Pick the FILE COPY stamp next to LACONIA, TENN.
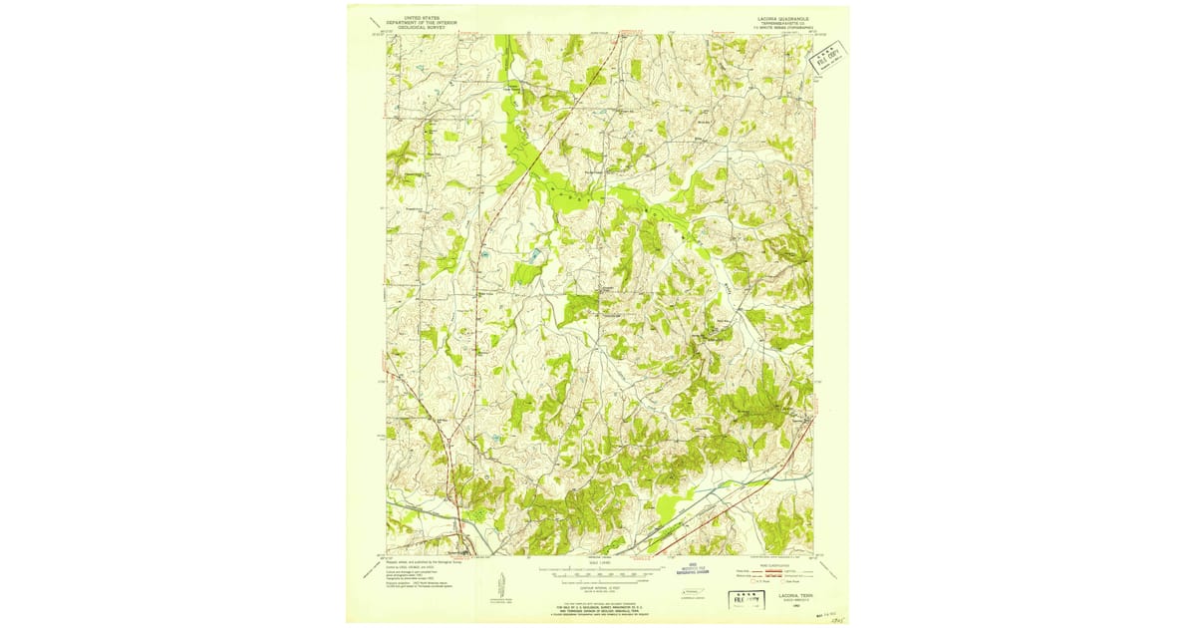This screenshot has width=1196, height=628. (740, 600)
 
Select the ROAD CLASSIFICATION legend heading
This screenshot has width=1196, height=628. (772, 563)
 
